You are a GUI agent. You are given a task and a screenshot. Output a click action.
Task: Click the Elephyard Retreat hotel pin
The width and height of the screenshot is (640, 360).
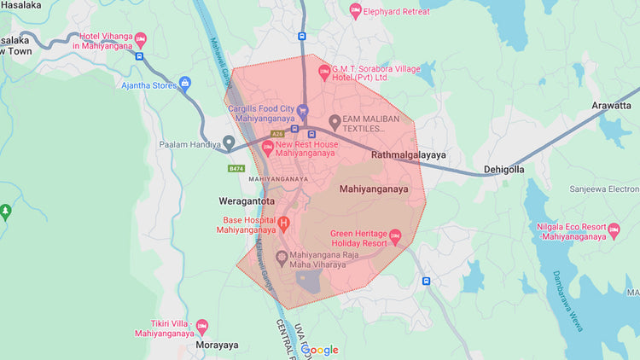356,11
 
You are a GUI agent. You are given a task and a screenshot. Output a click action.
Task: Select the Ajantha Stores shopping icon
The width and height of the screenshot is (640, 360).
186,84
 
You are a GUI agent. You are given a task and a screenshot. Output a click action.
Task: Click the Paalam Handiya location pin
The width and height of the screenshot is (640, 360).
229,143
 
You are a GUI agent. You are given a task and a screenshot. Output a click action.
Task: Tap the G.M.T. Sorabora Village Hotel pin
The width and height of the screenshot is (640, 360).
323,71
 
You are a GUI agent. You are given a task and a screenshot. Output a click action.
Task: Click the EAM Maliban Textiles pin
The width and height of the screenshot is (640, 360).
335,122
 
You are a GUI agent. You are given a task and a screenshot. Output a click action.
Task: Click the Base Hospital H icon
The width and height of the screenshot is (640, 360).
283,224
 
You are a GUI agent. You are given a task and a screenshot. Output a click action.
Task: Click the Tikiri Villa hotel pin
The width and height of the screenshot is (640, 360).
202,326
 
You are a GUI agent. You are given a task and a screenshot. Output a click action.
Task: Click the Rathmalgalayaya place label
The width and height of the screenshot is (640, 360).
409,155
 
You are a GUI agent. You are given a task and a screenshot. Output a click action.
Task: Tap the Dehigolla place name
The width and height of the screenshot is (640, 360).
503,170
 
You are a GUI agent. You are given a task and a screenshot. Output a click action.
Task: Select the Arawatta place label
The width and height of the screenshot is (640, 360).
611,105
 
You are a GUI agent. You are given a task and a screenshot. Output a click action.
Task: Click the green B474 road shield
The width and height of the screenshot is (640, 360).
236,169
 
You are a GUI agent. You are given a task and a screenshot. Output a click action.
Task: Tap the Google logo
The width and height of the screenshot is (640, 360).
320,350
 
